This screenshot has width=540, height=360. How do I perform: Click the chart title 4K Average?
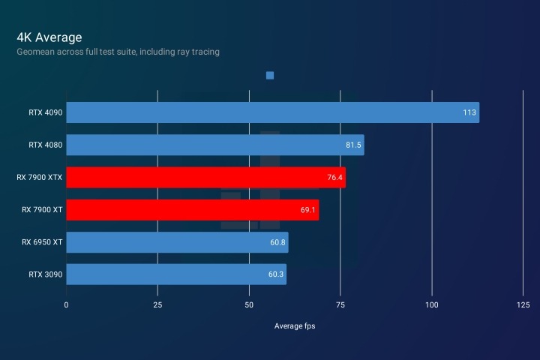coord(49,37)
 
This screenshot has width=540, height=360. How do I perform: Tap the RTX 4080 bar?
coord(214,145)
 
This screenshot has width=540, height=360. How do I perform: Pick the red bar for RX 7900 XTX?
coord(205,177)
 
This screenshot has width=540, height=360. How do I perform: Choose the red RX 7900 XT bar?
coord(192,210)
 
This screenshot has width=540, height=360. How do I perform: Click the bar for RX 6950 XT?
coord(177,242)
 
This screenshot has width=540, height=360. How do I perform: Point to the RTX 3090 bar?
coord(176,274)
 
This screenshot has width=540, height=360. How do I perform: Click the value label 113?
coord(469,113)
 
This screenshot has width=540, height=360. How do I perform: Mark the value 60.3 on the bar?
coord(276,275)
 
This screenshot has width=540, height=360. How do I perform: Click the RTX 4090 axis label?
coord(46,113)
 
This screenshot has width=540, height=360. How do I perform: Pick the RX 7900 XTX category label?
coord(40,178)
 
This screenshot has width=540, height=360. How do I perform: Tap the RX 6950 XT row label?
coord(42,242)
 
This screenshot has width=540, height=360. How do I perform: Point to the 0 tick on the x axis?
coord(66,304)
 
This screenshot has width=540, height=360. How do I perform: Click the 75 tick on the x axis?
coord(340,304)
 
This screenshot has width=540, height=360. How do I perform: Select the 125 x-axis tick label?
coord(523,304)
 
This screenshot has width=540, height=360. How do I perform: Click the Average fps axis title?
coord(295,325)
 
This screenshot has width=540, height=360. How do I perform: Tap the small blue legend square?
coord(270,75)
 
